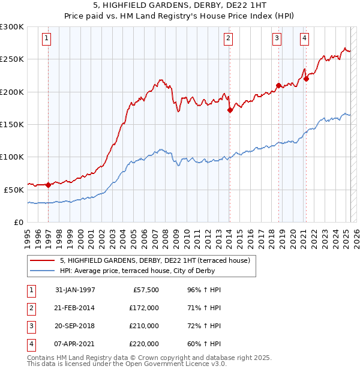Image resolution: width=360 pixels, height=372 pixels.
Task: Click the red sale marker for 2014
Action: [230, 110]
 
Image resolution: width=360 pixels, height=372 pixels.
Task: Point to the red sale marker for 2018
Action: [279, 85]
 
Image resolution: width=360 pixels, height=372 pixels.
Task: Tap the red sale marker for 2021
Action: [306, 79]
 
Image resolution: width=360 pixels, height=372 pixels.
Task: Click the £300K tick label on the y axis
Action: [12, 27]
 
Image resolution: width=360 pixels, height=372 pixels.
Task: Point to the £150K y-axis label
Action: [12, 124]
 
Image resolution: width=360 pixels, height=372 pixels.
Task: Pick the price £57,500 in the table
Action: [145, 290]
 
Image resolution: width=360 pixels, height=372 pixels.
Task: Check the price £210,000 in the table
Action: [145, 326]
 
